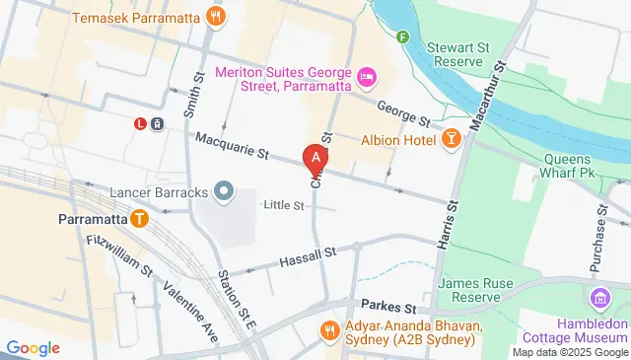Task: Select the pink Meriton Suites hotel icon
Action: (367, 76)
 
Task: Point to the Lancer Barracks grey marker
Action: (224, 189)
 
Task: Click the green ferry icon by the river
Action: (402, 37)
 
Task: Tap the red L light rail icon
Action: (141, 124)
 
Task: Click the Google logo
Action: (34, 347)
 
